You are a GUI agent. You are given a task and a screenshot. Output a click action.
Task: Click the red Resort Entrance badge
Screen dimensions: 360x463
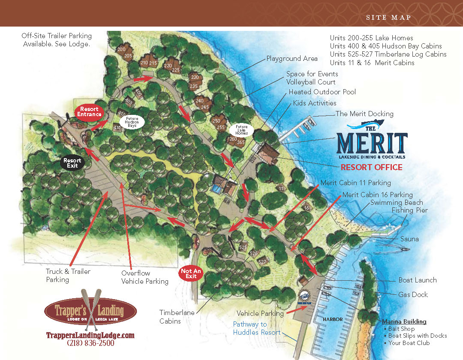coord(89,112)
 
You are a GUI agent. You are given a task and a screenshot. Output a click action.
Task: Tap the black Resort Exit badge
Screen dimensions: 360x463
coord(72,163)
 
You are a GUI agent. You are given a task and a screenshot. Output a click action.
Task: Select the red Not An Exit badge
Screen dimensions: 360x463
coord(191,273)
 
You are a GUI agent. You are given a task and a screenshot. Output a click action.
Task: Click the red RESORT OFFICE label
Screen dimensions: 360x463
coord(371,167)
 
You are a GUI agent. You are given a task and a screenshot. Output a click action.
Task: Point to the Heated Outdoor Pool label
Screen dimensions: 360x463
coord(322,92)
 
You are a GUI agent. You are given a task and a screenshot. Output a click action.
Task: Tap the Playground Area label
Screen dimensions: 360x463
coord(292,58)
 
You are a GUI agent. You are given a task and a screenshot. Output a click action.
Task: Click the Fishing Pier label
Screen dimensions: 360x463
coord(409,210)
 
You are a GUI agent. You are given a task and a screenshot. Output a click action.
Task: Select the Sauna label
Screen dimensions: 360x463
coord(409,239)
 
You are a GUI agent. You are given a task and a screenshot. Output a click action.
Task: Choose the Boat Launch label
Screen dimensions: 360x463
coord(417,280)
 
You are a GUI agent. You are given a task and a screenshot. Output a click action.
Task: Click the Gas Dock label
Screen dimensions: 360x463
coord(413,294)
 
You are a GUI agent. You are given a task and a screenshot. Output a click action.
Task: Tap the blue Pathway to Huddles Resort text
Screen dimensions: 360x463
coord(256,328)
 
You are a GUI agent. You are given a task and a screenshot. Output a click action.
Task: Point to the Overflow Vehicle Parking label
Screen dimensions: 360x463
coord(144,277)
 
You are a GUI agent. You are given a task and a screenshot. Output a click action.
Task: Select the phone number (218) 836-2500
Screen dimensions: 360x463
coord(90,343)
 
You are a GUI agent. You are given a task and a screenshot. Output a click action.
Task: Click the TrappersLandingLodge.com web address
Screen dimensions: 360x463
coord(90,335)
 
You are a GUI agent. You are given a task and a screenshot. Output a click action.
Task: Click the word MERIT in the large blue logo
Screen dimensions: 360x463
coord(372,144)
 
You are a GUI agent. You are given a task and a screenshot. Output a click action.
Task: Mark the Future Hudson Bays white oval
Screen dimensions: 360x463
coord(132,122)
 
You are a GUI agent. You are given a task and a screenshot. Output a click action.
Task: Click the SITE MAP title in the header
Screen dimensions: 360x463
coord(388,18)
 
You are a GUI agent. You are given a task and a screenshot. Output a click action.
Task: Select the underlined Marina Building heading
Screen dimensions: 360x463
coord(404,321)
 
